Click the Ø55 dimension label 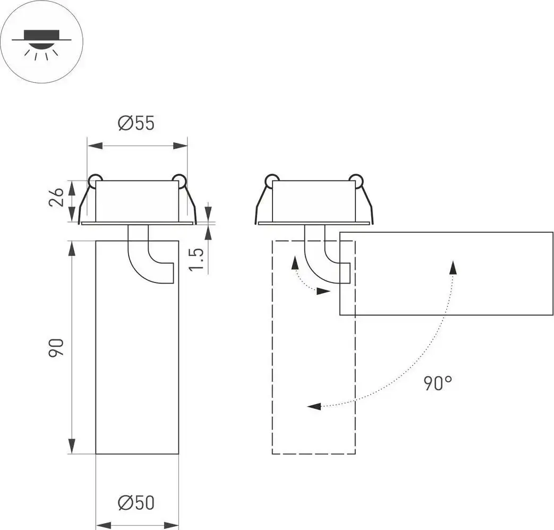[137, 123]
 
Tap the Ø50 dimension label [137, 502]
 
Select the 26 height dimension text [57, 196]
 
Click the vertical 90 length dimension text [57, 347]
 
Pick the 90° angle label [438, 382]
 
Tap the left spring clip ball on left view [95, 180]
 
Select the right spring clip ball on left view [179, 180]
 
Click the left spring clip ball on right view [271, 180]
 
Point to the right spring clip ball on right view [355, 180]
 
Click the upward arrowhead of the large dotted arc [453, 267]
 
